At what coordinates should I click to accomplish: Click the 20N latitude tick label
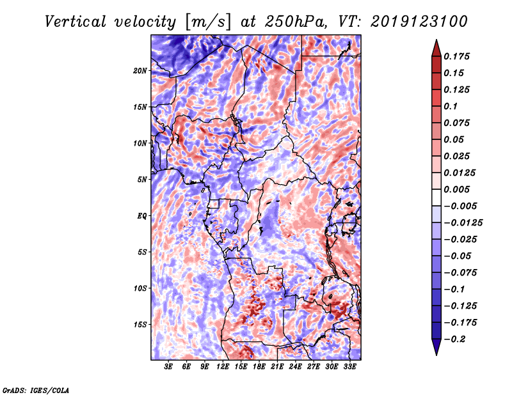pyautogui.click(x=140, y=71)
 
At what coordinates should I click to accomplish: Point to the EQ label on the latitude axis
pyautogui.click(x=141, y=216)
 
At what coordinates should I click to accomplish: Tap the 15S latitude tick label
pyautogui.click(x=140, y=325)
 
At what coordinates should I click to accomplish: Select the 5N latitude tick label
pyautogui.click(x=142, y=180)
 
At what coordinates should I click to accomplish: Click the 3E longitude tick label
pyautogui.click(x=168, y=366)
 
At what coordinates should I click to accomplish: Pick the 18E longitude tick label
pyautogui.click(x=259, y=366)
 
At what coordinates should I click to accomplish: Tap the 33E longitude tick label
pyautogui.click(x=349, y=366)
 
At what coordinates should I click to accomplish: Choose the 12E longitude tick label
pyautogui.click(x=223, y=366)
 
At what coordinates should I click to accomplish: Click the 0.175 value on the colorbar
pyautogui.click(x=456, y=56)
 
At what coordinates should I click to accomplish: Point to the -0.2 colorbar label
pyautogui.click(x=454, y=339)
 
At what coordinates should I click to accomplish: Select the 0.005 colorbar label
pyautogui.click(x=456, y=189)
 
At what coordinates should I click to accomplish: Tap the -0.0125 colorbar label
pyautogui.click(x=463, y=223)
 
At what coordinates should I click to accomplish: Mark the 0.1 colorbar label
pyautogui.click(x=451, y=106)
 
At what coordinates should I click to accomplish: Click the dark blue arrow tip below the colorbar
pyautogui.click(x=436, y=355)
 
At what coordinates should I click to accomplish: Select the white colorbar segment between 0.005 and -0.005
pyautogui.click(x=436, y=197)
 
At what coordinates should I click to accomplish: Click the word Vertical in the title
pyautogui.click(x=76, y=22)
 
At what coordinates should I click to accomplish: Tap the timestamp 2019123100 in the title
pyautogui.click(x=419, y=22)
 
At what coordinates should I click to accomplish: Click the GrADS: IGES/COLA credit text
pyautogui.click(x=36, y=390)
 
